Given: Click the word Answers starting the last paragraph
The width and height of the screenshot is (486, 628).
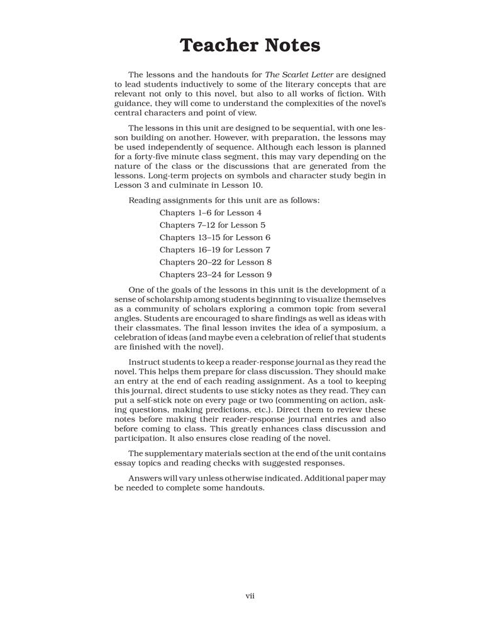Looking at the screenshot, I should click(x=146, y=478).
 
